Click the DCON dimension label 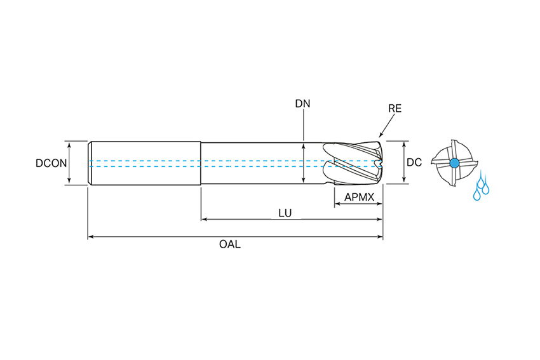[x=51, y=163]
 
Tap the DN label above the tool [x=303, y=103]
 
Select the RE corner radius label [x=395, y=109]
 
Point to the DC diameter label [x=414, y=163]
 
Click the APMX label [x=359, y=197]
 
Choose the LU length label [x=285, y=213]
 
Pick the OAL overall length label [x=234, y=244]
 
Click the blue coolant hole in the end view [x=454, y=163]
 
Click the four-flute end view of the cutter [x=453, y=163]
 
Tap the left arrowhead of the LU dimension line [x=204, y=220]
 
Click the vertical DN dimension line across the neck [x=304, y=163]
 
